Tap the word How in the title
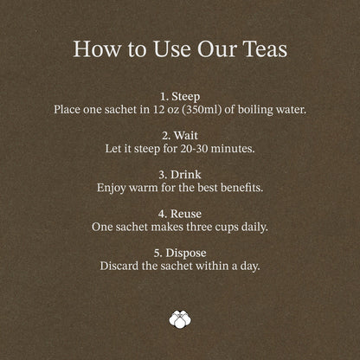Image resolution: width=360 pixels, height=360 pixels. pos(97,48)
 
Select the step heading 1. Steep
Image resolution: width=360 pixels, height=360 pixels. pos(180,97)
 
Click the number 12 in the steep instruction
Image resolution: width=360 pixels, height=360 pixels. pos(158,109)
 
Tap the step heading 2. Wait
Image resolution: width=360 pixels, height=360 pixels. pos(180,136)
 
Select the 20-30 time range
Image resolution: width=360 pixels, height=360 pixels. pos(194,149)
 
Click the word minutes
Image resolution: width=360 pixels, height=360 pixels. pos(233,149)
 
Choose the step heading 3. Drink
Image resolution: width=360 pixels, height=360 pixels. pos(180,175)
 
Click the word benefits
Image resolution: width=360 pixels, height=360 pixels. pos(241,188)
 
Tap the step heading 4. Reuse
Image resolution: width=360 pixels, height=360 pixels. pos(180,214)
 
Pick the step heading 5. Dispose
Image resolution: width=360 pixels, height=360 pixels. pos(180,253)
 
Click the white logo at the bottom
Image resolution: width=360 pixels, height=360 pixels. pos(180,319)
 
